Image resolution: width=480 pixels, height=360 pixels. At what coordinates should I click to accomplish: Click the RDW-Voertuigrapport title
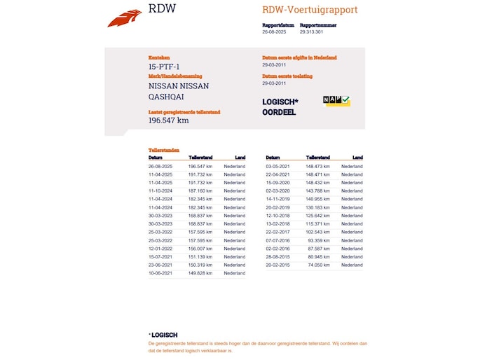310,10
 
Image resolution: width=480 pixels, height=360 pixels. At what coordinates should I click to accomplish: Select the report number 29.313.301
311,32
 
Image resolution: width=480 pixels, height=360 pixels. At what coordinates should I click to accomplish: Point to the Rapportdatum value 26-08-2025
273,32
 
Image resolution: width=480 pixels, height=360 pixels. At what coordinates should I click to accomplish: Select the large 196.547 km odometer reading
168,120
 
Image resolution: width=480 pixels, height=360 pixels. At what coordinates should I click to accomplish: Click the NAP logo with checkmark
336,101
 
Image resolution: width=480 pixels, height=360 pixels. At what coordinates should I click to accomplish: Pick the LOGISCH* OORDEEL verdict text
280,106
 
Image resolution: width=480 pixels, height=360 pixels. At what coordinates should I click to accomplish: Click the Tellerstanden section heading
164,150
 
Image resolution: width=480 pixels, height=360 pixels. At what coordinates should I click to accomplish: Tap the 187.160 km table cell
200,191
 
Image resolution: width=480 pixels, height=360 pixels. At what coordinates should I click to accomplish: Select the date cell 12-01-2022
160,249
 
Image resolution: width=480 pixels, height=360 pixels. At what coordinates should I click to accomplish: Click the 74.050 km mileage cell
318,265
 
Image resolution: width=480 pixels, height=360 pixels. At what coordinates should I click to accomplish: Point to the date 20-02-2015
277,265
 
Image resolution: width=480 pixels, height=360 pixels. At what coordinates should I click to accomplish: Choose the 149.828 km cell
200,273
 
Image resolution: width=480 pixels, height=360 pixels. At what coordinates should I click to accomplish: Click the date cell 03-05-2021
277,166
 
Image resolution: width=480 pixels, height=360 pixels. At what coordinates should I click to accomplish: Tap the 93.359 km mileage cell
320,240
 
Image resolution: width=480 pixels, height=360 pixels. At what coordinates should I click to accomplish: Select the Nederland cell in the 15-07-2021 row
235,257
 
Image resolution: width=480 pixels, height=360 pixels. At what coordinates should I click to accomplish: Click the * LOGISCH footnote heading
163,335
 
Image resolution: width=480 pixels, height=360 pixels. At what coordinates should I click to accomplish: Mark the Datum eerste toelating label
287,76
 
